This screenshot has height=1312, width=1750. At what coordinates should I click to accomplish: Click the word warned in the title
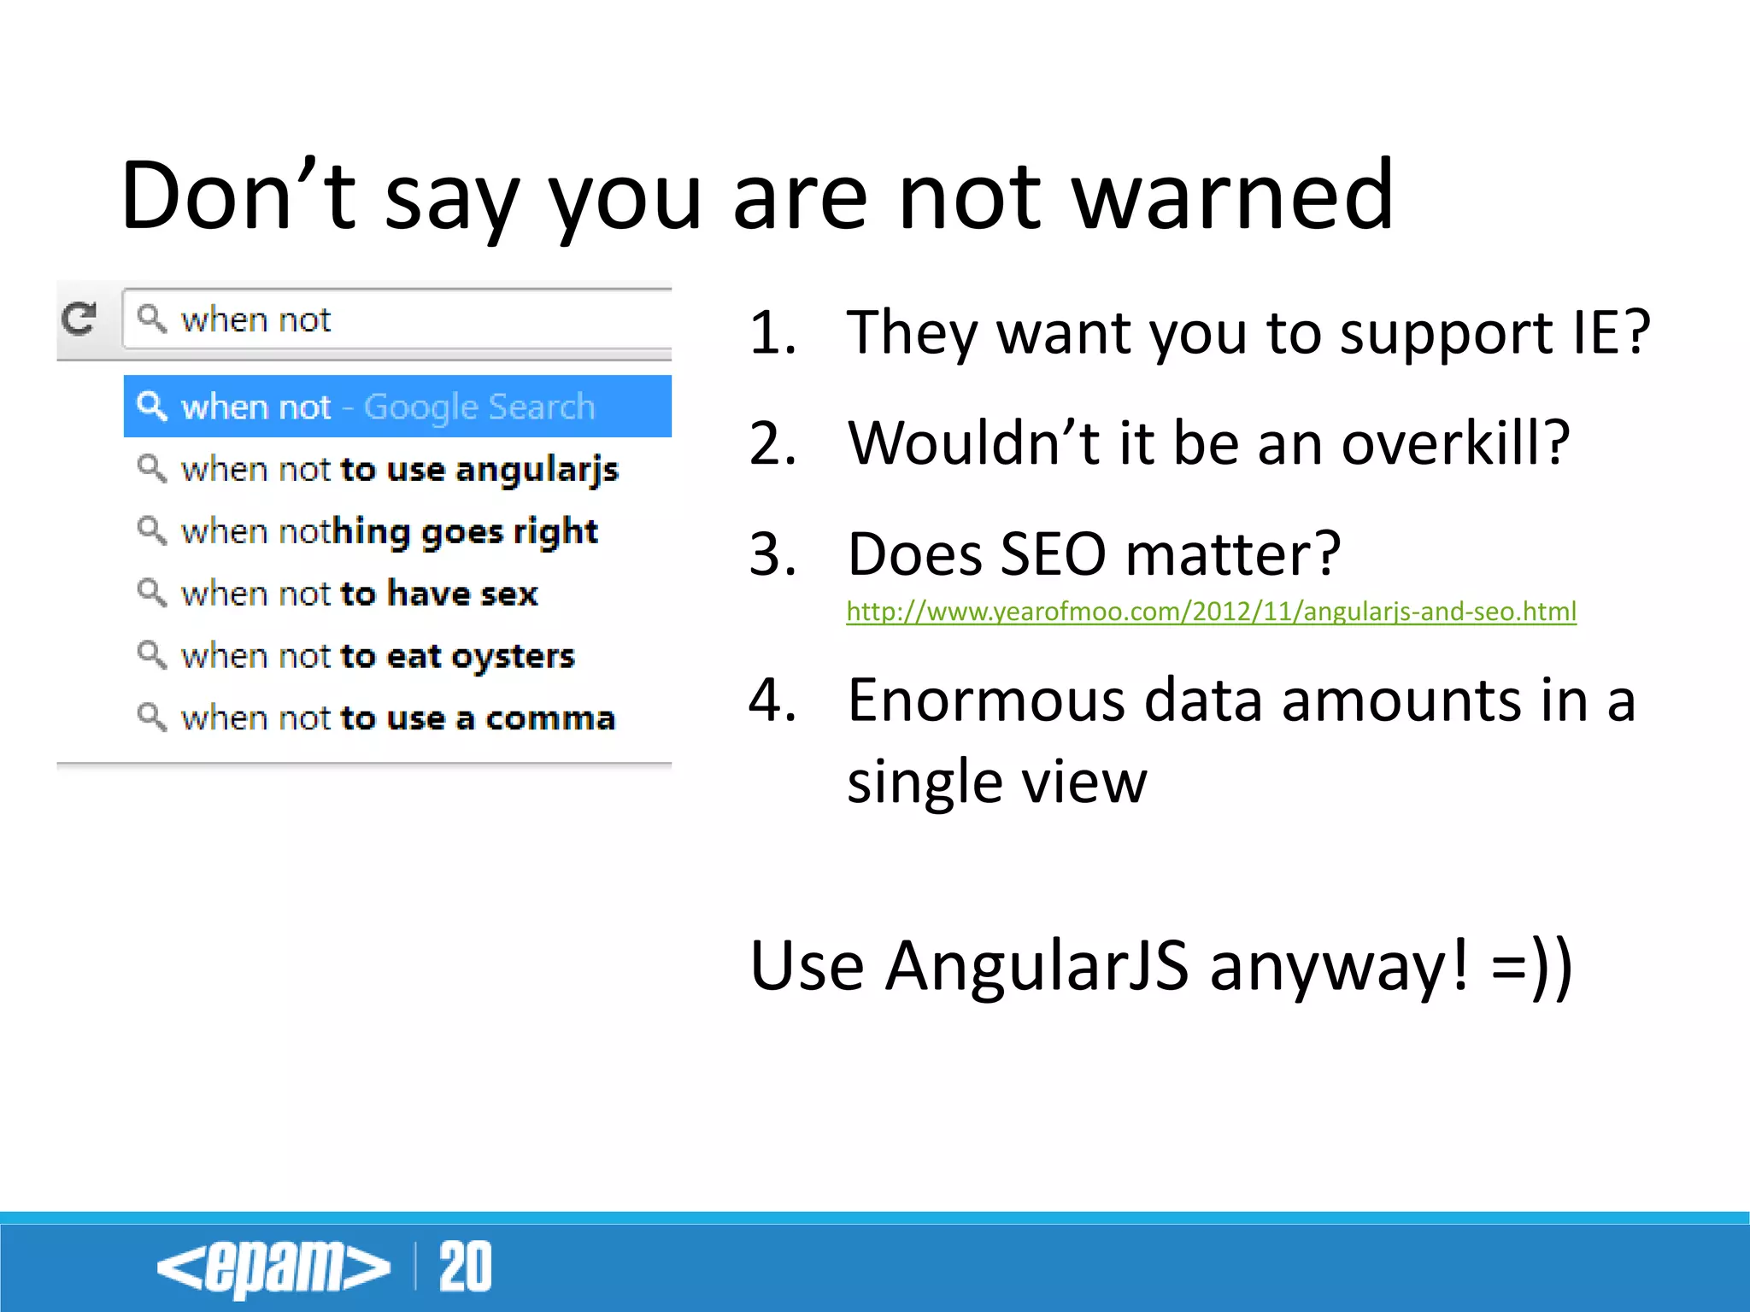tap(1234, 198)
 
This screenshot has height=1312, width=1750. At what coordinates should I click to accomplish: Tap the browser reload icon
tap(79, 319)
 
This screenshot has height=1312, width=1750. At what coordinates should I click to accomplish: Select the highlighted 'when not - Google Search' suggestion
tap(397, 407)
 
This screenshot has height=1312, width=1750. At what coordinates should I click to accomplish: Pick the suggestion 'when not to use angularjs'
tap(399, 470)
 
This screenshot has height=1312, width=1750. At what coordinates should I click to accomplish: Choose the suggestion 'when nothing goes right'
tap(389, 531)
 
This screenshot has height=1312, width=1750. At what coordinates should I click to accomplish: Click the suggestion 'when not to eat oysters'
tap(378, 656)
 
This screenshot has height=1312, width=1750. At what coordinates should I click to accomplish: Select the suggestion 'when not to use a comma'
tap(397, 718)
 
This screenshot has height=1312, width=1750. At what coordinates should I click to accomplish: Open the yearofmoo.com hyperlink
tap(1211, 612)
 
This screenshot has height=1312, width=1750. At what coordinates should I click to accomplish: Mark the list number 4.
tap(772, 700)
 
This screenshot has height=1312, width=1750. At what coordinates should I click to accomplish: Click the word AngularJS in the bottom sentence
tap(1036, 966)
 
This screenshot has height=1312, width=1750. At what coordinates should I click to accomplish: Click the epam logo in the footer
tap(273, 1267)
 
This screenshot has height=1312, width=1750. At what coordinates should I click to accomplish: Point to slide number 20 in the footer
tap(465, 1267)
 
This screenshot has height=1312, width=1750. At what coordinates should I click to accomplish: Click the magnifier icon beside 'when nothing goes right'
tap(152, 530)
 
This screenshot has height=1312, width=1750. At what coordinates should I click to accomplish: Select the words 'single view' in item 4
tap(996, 782)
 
